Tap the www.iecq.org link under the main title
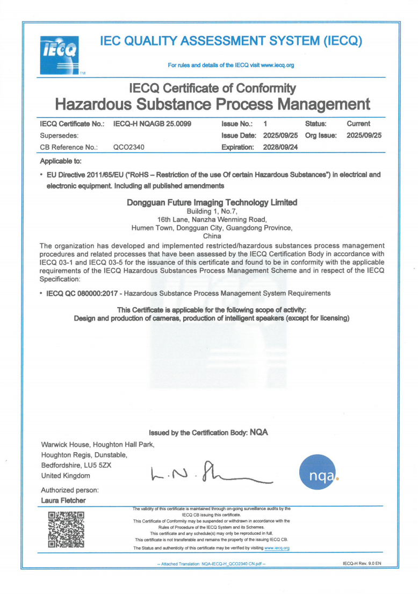(x=277, y=66)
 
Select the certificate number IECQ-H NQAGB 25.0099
(x=153, y=124)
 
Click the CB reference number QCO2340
(x=128, y=147)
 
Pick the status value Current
(x=358, y=124)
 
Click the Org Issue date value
(x=364, y=135)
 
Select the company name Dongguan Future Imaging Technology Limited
(x=212, y=202)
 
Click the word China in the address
(x=212, y=236)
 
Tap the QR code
(x=66, y=529)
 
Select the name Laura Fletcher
(x=63, y=500)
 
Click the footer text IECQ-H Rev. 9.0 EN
(x=362, y=564)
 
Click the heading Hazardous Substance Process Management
(x=213, y=103)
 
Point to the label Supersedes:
(x=60, y=135)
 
